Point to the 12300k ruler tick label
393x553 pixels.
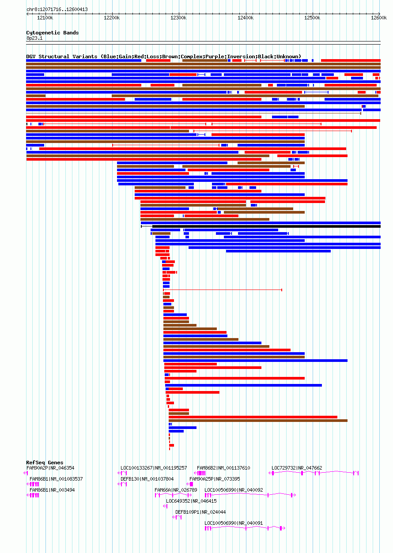178,18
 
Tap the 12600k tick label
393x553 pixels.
379,18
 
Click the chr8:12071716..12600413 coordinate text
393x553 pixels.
57,9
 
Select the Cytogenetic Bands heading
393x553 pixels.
52,33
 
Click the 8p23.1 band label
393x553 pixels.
34,38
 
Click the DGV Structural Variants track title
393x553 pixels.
163,56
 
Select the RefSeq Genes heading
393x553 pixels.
45,463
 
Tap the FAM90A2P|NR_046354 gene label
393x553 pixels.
50,468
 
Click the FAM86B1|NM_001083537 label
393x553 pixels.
56,479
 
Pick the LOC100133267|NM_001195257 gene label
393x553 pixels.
154,468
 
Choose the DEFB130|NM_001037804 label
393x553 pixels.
147,479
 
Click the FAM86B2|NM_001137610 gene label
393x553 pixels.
223,468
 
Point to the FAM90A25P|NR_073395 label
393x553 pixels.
215,479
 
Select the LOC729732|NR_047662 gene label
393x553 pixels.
297,468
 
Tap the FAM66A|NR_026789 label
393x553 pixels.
176,490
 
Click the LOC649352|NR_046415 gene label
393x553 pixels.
191,501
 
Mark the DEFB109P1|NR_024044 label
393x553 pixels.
200,512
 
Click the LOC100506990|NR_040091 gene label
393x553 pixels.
234,523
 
